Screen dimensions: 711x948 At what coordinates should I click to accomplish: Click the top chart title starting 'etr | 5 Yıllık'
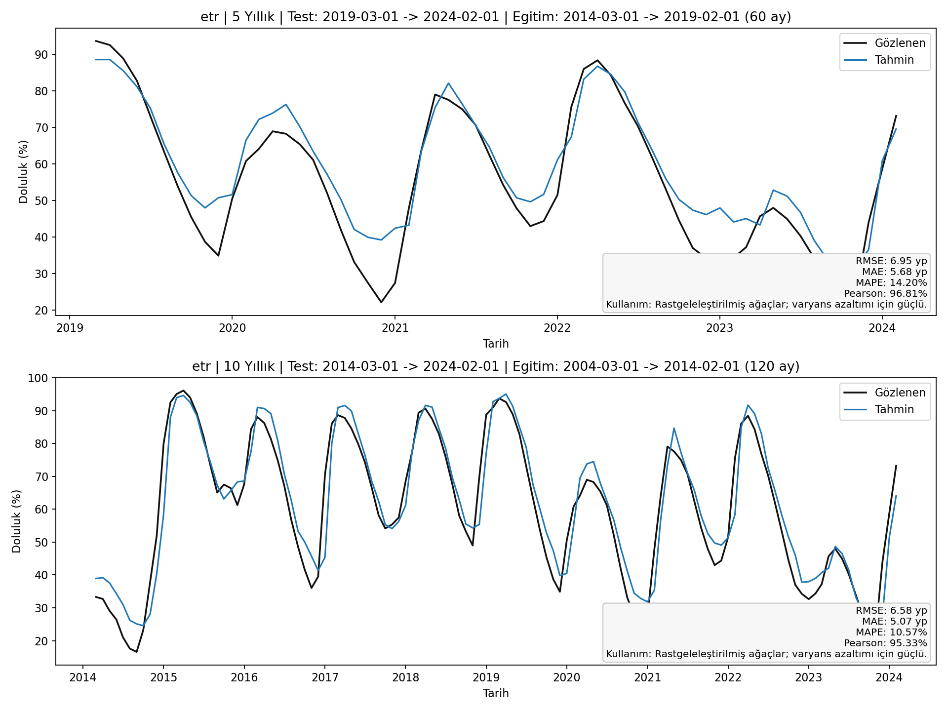[495, 17]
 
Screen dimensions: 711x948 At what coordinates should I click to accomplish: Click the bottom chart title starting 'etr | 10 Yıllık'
[495, 366]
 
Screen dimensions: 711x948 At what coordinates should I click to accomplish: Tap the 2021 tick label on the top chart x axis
[395, 328]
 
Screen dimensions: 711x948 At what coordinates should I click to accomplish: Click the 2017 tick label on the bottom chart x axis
[324, 677]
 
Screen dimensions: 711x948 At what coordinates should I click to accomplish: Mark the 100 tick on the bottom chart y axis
[40, 378]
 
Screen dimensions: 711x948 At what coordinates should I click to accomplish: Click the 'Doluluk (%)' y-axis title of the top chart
[23, 171]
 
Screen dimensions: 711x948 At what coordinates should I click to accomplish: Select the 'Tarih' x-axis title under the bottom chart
[495, 693]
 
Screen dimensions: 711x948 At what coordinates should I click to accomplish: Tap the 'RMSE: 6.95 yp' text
[891, 261]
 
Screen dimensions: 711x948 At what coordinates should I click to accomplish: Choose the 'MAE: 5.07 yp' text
[894, 622]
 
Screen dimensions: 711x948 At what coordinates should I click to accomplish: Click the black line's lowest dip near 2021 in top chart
[381, 302]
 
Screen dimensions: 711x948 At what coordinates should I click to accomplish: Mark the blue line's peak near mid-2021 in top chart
[448, 83]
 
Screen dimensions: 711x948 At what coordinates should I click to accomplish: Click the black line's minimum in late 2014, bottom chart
[137, 652]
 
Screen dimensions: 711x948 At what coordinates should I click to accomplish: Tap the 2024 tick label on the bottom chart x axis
[889, 677]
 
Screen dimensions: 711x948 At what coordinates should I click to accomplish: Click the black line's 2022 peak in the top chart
[597, 60]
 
